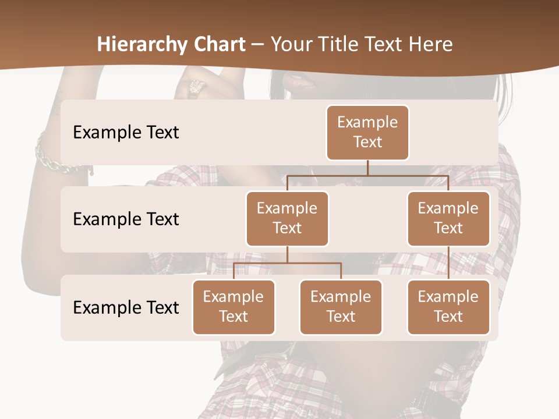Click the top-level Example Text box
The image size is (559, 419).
[367, 132]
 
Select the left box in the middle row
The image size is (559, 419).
[287, 218]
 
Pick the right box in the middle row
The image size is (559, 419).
[448, 218]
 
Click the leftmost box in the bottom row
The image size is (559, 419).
[233, 307]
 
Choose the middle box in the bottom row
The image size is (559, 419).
[341, 307]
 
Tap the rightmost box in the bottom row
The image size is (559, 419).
[448, 307]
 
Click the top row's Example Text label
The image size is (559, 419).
[126, 133]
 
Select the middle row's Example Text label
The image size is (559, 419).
[126, 219]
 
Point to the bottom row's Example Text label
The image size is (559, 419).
[126, 307]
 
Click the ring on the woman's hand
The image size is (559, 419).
[195, 87]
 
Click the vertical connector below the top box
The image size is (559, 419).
[367, 168]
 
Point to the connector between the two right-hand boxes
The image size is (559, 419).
[448, 262]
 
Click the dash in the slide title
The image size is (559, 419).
[258, 45]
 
